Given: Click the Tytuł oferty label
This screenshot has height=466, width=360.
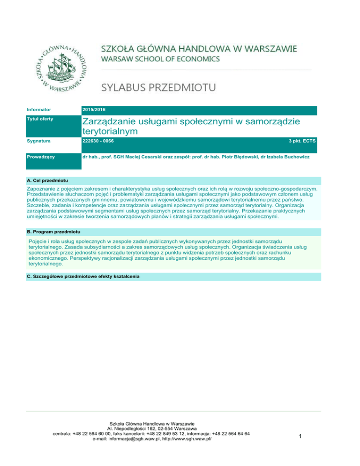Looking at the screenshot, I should pos(40,119).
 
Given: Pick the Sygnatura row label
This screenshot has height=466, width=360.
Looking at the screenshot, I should pos(38,141).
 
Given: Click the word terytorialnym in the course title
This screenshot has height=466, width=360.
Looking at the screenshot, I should pos(110,132).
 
